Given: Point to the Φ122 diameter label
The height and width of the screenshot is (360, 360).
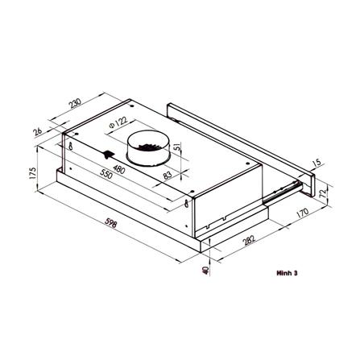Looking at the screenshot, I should [x=119, y=125].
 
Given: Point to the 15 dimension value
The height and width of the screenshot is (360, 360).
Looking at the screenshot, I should [x=315, y=163].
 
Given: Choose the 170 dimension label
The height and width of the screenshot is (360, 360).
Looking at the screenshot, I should [x=301, y=214].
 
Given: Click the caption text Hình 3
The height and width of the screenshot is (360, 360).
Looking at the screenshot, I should [x=286, y=273].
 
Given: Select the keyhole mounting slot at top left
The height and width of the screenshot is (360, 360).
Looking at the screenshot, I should [x=72, y=147].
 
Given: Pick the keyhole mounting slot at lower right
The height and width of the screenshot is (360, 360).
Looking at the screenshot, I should [x=188, y=205].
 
